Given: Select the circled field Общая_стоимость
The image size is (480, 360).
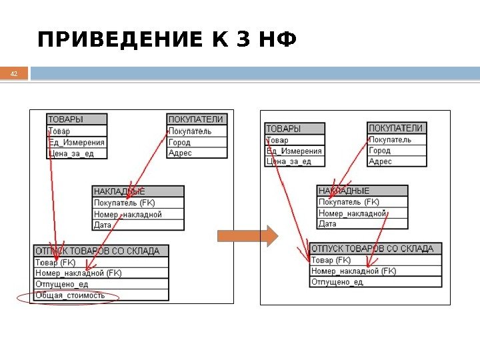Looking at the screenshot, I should (70, 295).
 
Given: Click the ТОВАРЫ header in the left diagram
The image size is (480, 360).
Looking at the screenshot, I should (65, 119).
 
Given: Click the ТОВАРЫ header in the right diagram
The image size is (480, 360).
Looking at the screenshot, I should (283, 128).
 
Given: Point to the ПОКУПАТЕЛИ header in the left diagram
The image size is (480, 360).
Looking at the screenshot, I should (195, 119).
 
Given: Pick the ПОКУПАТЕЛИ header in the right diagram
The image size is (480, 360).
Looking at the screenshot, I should (396, 128).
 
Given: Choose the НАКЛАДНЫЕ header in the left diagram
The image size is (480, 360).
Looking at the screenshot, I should (119, 191).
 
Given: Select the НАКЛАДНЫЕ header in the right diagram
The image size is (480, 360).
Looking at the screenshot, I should (343, 191).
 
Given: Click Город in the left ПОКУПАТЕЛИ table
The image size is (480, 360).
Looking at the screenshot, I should (179, 142).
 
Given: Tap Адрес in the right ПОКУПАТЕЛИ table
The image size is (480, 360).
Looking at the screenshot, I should (381, 161).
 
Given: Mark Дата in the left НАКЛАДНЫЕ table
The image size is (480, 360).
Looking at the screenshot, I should (103, 225).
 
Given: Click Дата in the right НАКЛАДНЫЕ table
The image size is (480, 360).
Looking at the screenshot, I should (327, 224).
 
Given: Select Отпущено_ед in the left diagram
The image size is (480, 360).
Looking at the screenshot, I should (61, 284).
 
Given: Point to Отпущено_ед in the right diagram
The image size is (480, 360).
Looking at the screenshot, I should (337, 281).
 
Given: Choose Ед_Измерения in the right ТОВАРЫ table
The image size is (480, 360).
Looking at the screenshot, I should (294, 151).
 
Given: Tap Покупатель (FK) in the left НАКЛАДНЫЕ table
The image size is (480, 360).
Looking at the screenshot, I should (125, 203).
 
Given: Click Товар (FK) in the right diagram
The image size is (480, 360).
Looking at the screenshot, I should (331, 260).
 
